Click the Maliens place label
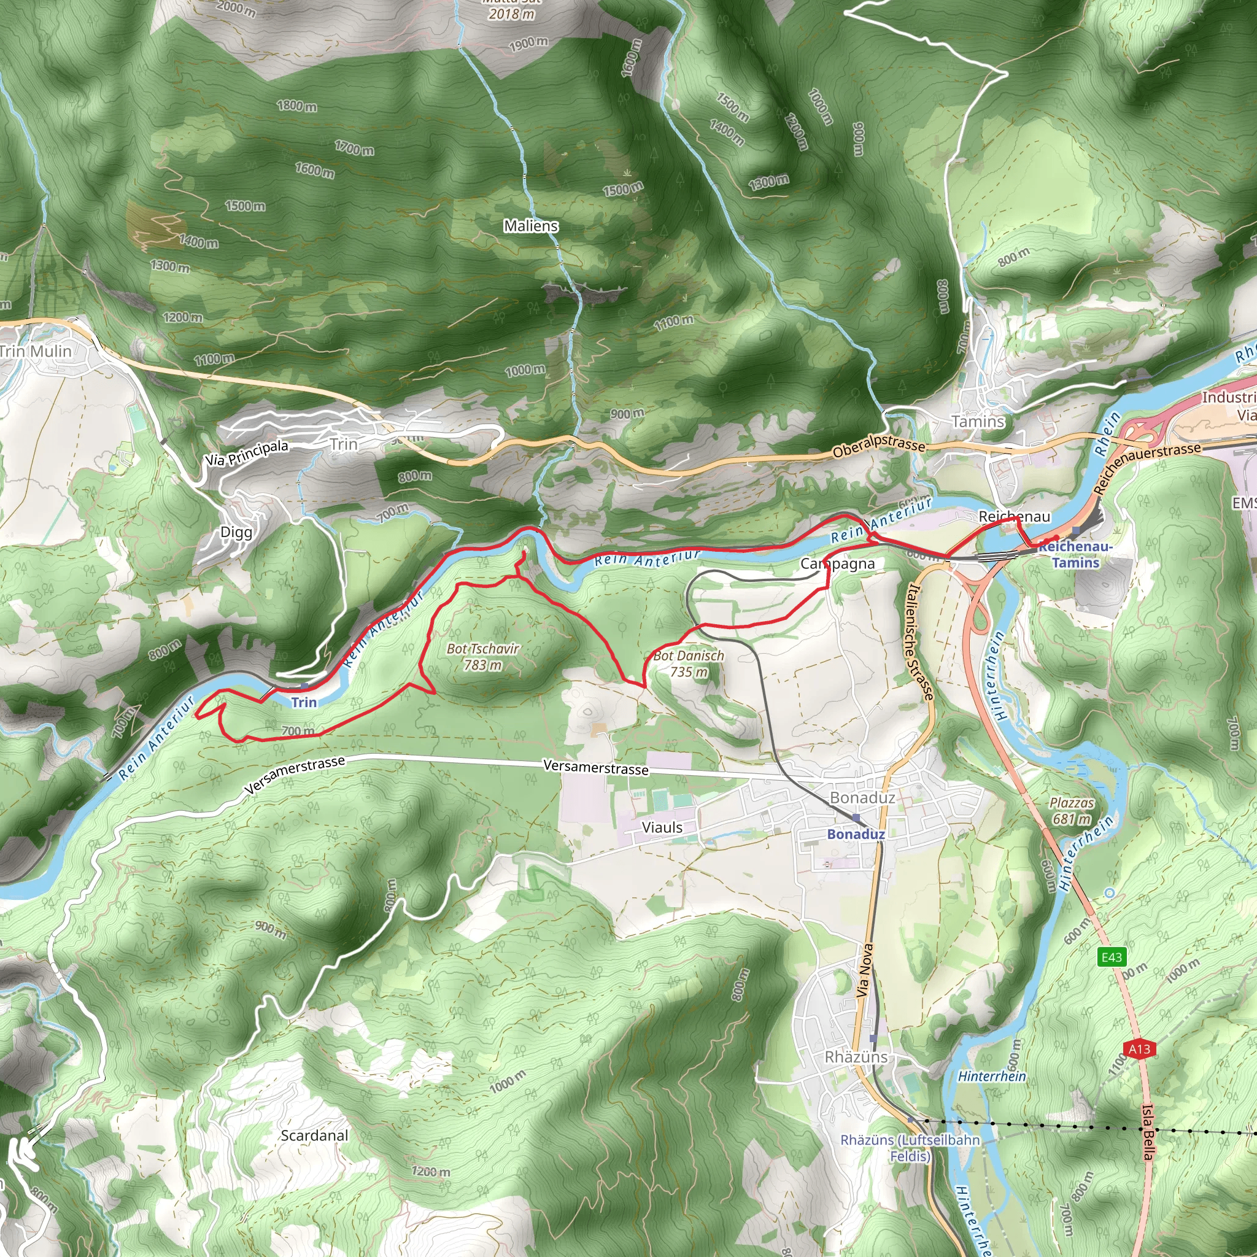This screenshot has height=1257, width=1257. click(531, 226)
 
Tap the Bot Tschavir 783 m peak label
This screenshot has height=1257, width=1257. click(483, 657)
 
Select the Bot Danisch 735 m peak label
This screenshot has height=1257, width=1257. click(689, 663)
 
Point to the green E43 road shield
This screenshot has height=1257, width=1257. click(1112, 956)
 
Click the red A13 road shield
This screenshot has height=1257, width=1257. click(1139, 1048)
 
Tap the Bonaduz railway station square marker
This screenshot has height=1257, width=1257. click(856, 818)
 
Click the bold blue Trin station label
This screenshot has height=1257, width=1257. click(304, 702)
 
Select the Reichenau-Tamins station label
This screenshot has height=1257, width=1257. click(1075, 554)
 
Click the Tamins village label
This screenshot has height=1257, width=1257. click(978, 422)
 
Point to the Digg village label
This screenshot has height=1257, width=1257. click(236, 532)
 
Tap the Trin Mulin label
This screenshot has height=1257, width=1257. click(36, 351)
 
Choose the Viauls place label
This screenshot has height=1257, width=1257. click(662, 827)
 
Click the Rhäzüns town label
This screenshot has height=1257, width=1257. click(856, 1057)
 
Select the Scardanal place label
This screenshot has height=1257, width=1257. click(315, 1135)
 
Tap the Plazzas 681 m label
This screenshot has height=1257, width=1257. click(1072, 811)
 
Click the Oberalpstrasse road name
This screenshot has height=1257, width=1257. click(878, 444)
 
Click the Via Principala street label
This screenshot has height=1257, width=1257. click(247, 452)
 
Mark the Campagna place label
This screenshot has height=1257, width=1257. click(837, 563)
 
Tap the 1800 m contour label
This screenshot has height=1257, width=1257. click(296, 106)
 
